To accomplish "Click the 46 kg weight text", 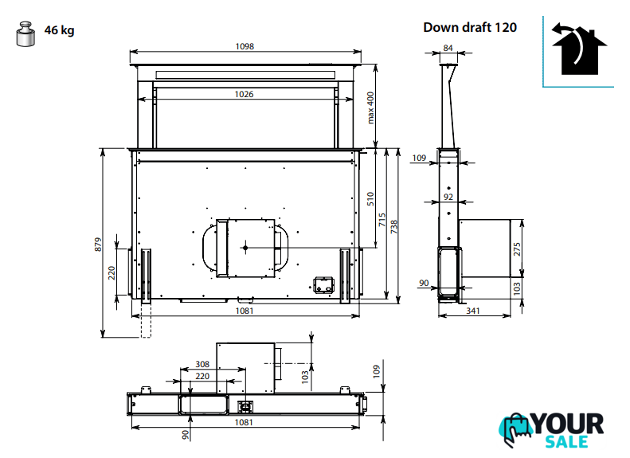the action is pyautogui.click(x=59, y=30).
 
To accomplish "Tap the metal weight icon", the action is pyautogui.click(x=25, y=33).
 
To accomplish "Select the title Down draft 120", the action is pyautogui.click(x=470, y=27).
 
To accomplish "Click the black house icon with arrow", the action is pyautogui.click(x=578, y=49).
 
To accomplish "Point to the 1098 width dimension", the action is pyautogui.click(x=245, y=47).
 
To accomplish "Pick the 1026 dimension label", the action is pyautogui.click(x=245, y=95).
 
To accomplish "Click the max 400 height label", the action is pyautogui.click(x=370, y=108).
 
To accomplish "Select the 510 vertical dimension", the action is pyautogui.click(x=370, y=199).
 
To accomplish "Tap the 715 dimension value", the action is pyautogui.click(x=382, y=220).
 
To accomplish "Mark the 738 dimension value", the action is pyautogui.click(x=393, y=227).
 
